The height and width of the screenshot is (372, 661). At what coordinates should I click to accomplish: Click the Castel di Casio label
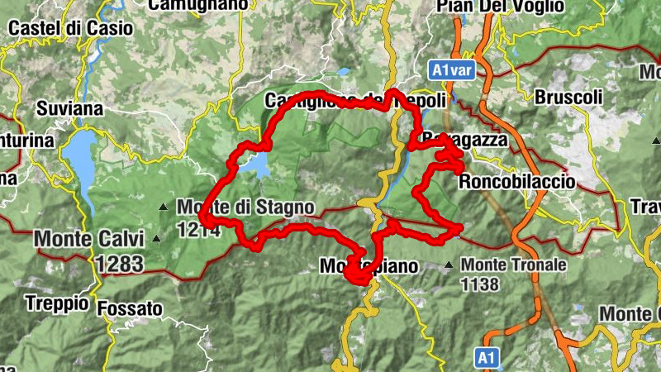pos(69,27)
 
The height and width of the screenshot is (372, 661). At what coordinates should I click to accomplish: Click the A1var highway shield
pos(451,70)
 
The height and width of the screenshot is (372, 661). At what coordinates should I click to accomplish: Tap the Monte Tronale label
pos(514,265)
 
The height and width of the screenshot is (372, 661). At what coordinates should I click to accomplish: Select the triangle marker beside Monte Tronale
pos(449,265)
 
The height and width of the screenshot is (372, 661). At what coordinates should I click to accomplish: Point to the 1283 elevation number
pos(119,264)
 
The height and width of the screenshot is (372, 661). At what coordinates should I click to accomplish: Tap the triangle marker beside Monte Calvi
pos(156,240)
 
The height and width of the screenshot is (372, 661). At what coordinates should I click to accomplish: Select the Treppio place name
pos(57,303)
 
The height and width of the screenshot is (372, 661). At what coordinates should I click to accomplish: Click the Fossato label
pos(130,309)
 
